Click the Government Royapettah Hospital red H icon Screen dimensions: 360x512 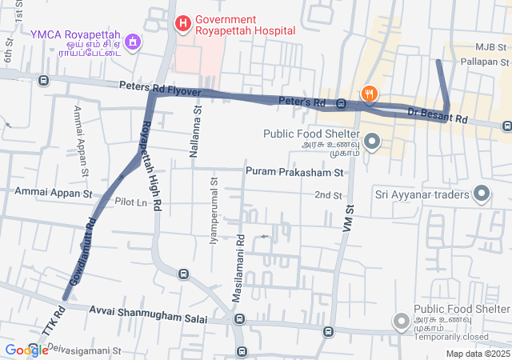[182, 23]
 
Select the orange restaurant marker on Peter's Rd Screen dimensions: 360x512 [369, 94]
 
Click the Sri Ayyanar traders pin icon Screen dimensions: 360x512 [482, 194]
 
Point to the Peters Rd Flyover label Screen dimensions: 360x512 [158, 87]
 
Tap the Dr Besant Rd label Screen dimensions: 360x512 [437, 115]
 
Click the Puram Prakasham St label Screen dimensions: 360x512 [294, 172]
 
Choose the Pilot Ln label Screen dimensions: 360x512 [131, 202]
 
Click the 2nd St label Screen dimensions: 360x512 [328, 195]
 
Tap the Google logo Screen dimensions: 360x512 [26, 350]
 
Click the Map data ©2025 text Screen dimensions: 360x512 [478, 354]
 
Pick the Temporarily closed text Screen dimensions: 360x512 [453, 337]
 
